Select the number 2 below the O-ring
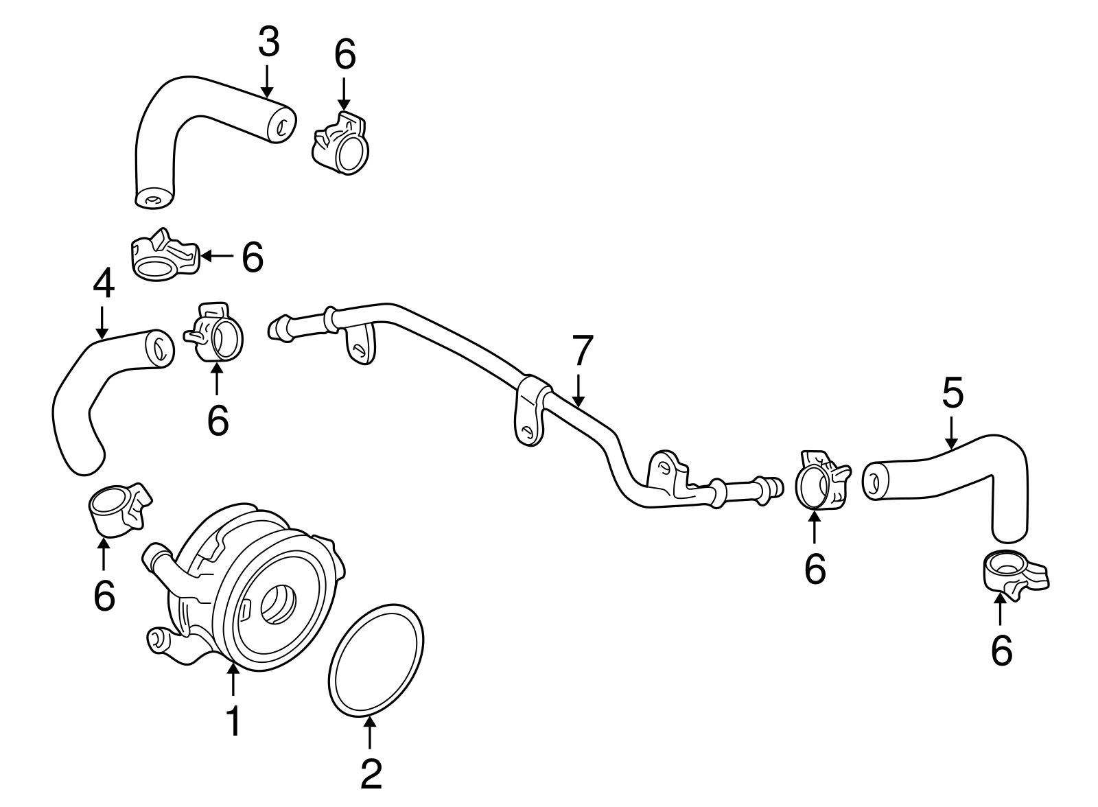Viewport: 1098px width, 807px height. [371, 773]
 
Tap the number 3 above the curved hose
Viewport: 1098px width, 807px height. [268, 43]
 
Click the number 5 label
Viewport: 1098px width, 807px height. [952, 394]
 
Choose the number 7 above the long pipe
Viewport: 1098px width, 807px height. [581, 351]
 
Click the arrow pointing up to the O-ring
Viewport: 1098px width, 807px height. [370, 734]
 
